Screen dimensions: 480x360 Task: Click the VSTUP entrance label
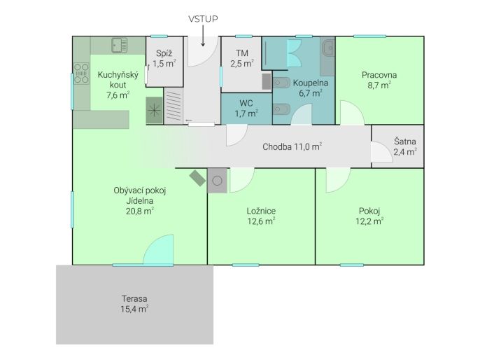tap(203, 19)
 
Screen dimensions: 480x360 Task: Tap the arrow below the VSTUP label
tap(203, 36)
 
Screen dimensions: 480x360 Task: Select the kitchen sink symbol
tap(119, 46)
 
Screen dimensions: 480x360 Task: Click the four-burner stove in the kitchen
tap(81, 74)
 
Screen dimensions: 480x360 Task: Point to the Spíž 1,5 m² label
tap(164, 58)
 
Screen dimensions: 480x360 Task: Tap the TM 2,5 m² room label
tap(242, 58)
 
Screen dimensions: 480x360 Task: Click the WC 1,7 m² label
tap(246, 108)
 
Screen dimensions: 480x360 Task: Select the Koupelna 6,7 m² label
tap(311, 88)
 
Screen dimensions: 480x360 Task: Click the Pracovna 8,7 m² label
tap(379, 80)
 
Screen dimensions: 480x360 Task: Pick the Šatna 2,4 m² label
tap(404, 146)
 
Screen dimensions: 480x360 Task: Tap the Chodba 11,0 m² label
tap(292, 146)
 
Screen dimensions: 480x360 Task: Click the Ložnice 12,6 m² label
tap(261, 216)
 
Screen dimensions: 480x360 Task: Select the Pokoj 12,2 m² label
tap(369, 216)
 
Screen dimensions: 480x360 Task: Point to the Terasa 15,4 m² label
tap(134, 304)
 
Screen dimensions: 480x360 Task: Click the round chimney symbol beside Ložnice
tap(217, 181)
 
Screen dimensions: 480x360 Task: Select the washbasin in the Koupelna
tap(328, 48)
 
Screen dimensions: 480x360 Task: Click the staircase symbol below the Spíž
tap(174, 106)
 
